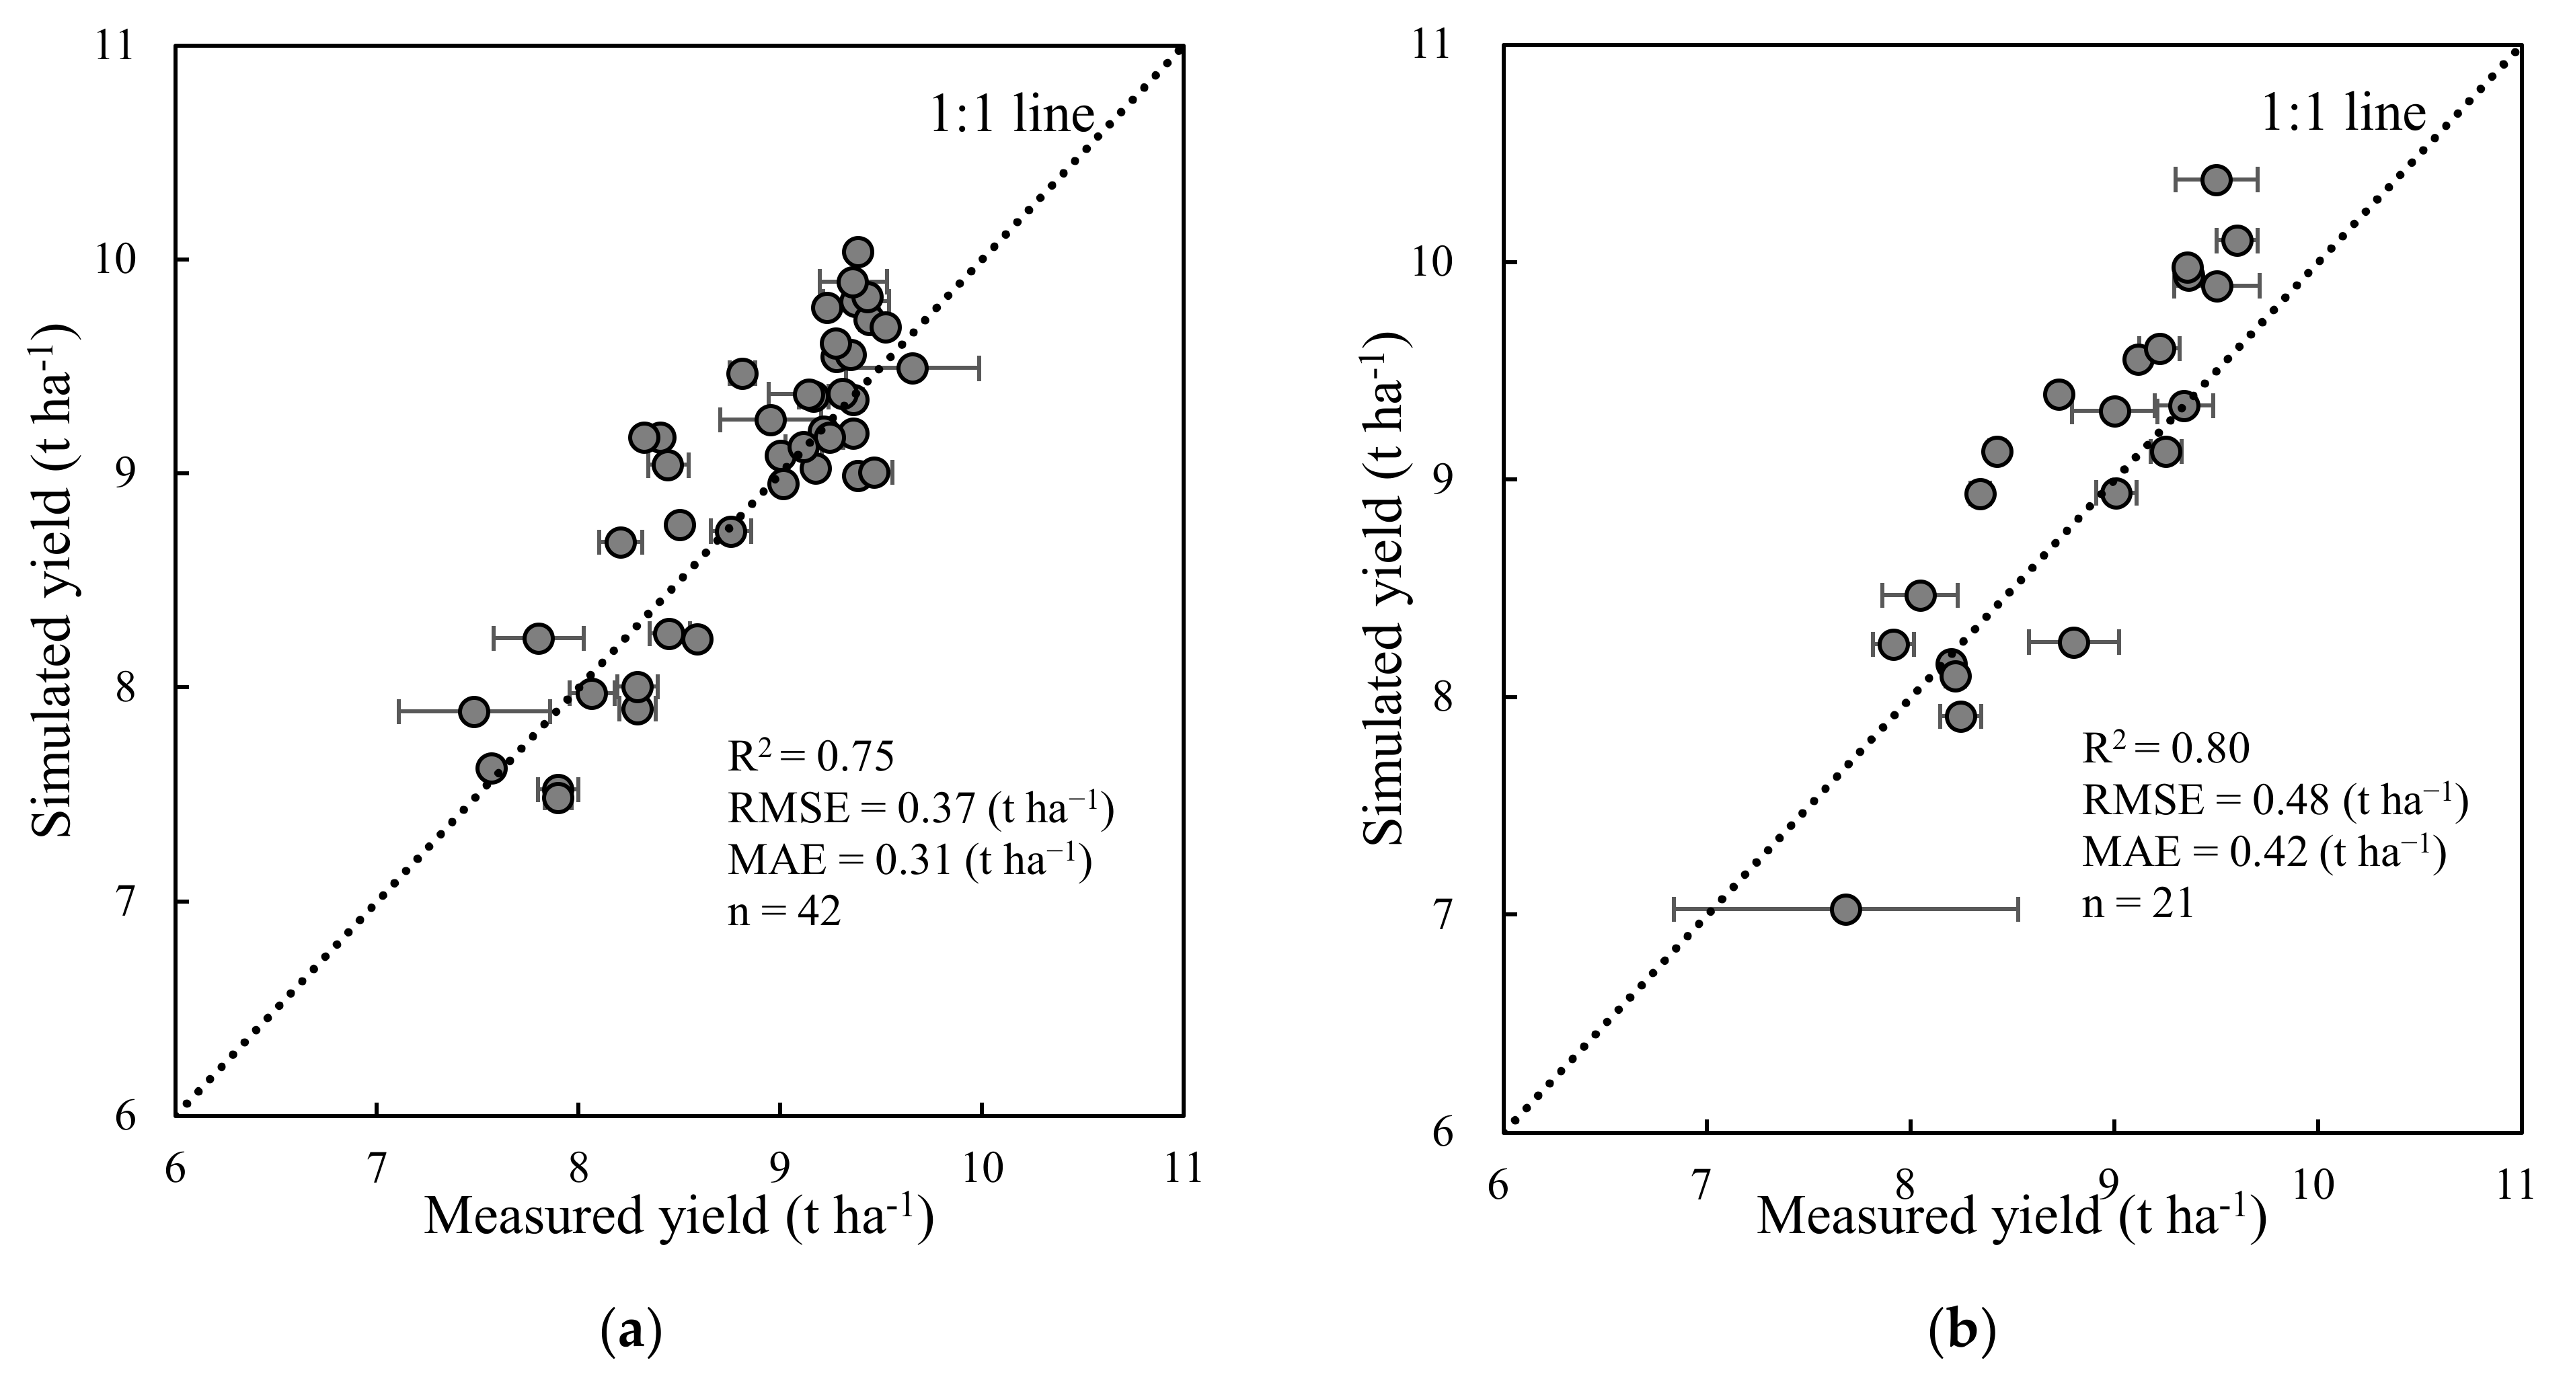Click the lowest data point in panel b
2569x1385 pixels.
click(1846, 910)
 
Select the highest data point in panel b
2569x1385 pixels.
click(2216, 180)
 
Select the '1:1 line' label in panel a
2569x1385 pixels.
click(1012, 115)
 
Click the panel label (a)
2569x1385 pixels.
click(632, 1333)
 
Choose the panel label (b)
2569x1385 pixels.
click(1962, 1333)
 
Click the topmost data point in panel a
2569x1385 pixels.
click(857, 252)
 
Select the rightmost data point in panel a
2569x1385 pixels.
click(911, 368)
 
